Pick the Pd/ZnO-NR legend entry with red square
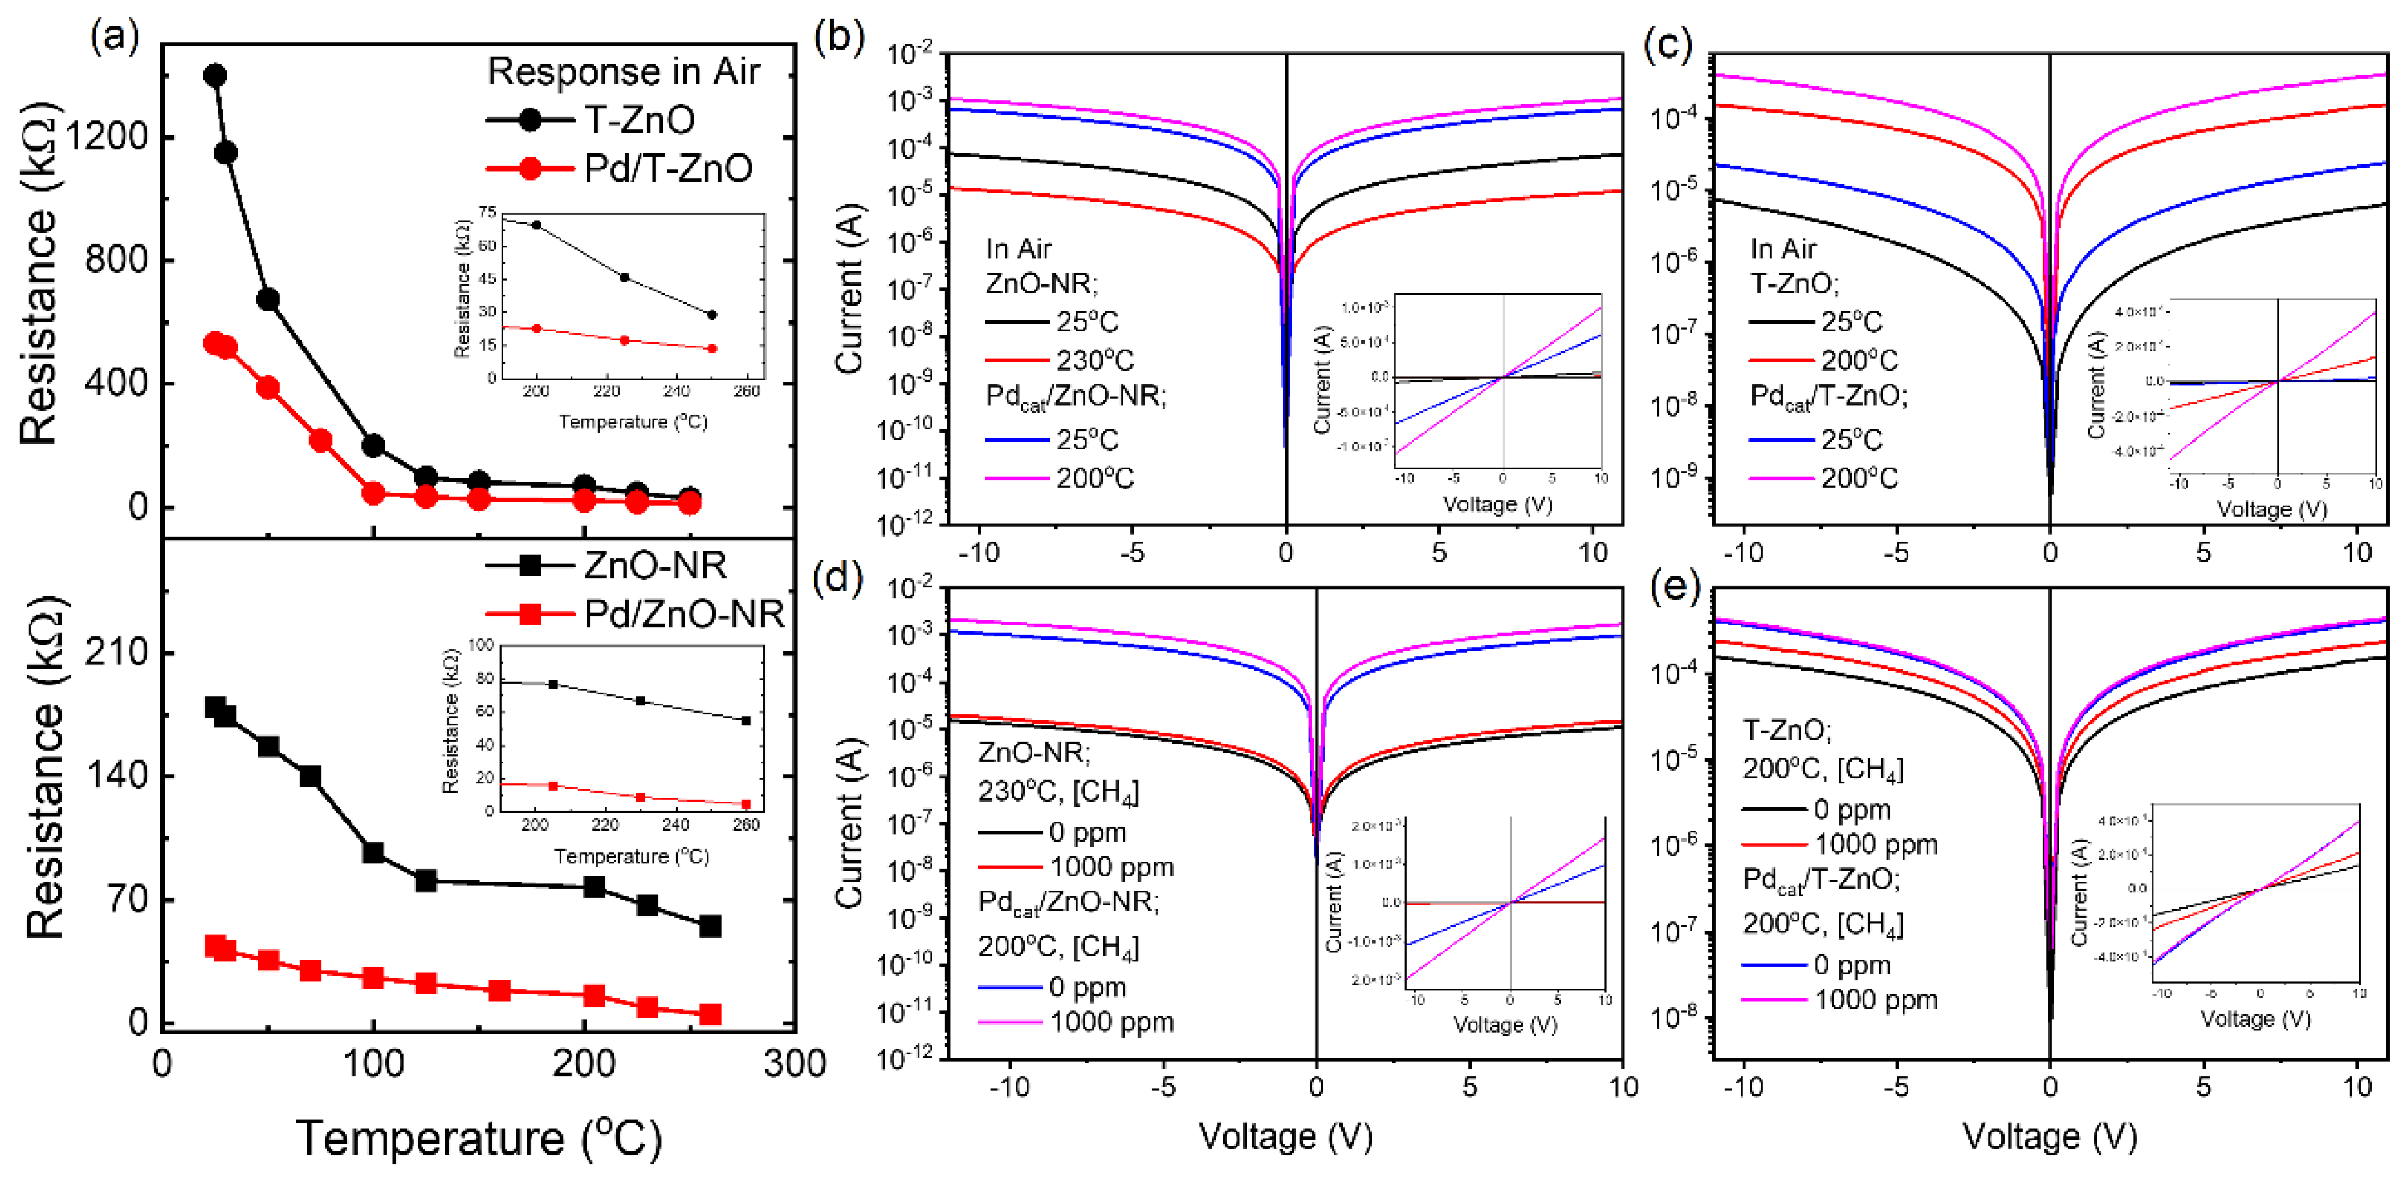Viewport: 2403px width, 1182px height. point(634,614)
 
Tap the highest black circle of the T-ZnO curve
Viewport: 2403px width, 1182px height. point(214,76)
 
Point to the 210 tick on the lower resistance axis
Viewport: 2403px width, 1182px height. point(116,652)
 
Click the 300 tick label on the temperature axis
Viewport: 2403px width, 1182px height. point(794,1063)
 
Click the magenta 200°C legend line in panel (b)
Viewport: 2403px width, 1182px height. point(1017,478)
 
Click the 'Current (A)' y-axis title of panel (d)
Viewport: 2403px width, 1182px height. point(849,823)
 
